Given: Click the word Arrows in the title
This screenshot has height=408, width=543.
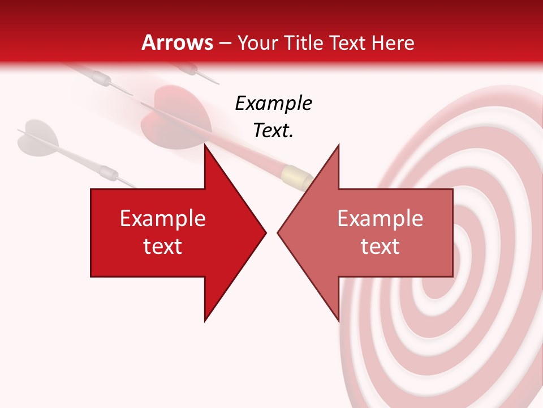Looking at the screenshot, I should pyautogui.click(x=178, y=42).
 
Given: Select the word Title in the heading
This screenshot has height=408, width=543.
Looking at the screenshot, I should pyautogui.click(x=304, y=42).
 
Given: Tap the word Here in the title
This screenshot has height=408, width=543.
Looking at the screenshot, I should pyautogui.click(x=394, y=42).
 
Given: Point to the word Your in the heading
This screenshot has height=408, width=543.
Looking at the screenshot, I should pyautogui.click(x=258, y=42).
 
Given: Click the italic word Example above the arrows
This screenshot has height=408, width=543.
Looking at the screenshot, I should pyautogui.click(x=273, y=103).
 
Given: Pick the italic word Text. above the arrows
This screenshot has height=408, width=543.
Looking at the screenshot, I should pyautogui.click(x=273, y=130).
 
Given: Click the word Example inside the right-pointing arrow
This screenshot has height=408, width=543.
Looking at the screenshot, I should pyautogui.click(x=163, y=219).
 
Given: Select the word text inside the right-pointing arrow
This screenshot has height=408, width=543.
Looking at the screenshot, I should pyautogui.click(x=163, y=246).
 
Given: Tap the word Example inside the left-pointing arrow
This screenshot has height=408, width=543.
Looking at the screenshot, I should pyautogui.click(x=380, y=219).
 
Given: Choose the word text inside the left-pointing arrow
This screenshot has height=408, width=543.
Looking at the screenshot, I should pyautogui.click(x=380, y=246).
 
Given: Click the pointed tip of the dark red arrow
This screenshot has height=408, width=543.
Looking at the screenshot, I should pyautogui.click(x=266, y=232).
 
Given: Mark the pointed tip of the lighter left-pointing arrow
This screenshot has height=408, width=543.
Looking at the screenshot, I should pyautogui.click(x=278, y=232).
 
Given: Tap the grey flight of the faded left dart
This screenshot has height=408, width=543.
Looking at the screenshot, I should pyautogui.click(x=37, y=137).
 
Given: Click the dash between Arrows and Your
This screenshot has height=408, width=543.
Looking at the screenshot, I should pyautogui.click(x=225, y=44).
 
